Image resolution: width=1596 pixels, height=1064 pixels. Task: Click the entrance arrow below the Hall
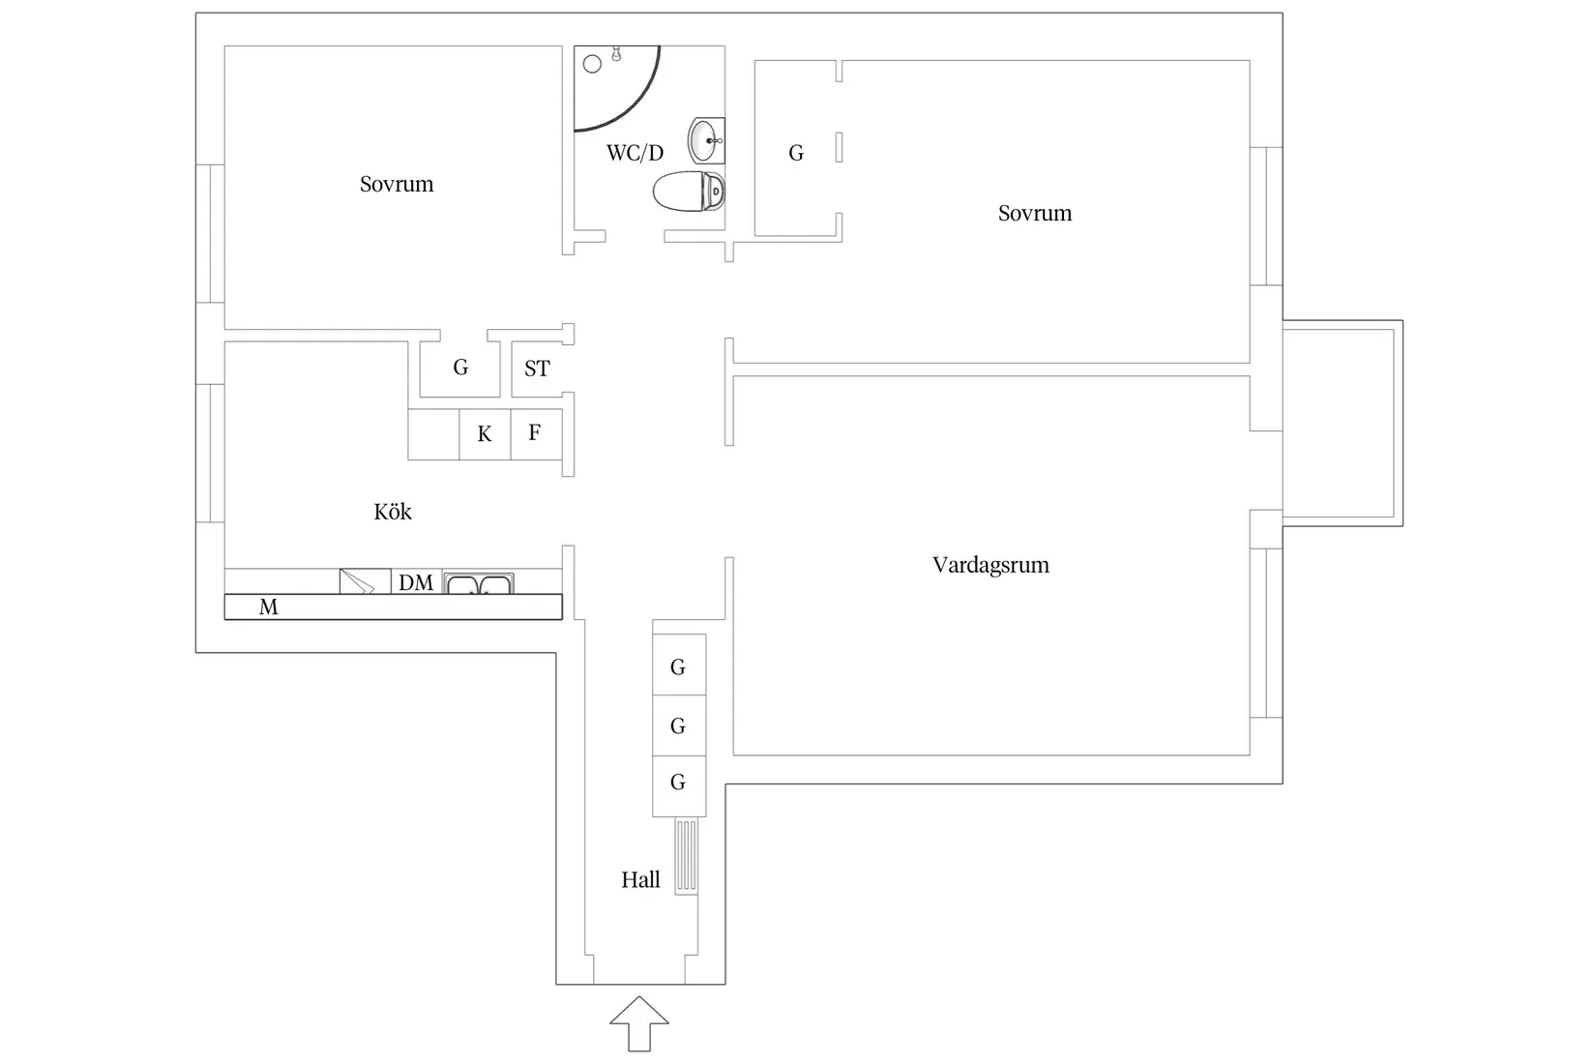(x=639, y=1023)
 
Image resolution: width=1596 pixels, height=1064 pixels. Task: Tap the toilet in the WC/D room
(x=689, y=191)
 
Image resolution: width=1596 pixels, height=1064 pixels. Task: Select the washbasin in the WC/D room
(x=706, y=141)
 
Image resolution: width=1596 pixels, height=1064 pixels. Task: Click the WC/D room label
(x=635, y=153)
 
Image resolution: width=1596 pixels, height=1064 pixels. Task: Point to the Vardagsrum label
(x=990, y=565)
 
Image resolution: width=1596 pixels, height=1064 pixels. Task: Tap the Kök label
(x=393, y=511)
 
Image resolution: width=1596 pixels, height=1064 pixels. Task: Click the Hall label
(x=640, y=880)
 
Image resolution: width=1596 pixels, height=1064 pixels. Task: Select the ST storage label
(x=537, y=369)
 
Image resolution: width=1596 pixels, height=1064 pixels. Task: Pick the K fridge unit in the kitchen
(x=485, y=434)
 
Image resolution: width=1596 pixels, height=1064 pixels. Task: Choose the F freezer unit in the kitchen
(x=537, y=434)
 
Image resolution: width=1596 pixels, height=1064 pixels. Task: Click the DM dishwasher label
(x=416, y=583)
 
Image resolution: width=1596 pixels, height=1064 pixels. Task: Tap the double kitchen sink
(x=478, y=583)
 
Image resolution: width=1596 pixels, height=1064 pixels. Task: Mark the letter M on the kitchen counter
(x=269, y=607)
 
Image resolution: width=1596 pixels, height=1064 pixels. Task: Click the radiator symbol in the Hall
(x=686, y=855)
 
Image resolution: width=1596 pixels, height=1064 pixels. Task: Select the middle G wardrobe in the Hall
(x=679, y=725)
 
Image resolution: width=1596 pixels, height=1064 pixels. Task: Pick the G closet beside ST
(x=460, y=368)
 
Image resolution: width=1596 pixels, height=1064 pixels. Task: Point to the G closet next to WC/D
(x=797, y=153)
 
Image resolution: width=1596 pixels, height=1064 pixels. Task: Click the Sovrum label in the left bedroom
(x=397, y=184)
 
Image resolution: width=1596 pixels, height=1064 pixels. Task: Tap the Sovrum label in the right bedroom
(x=1035, y=213)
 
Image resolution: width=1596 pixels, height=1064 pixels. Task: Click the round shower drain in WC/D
(x=592, y=64)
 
